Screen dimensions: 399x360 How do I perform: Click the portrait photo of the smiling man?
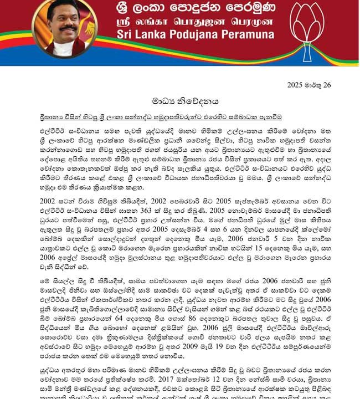tap(65, 29)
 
